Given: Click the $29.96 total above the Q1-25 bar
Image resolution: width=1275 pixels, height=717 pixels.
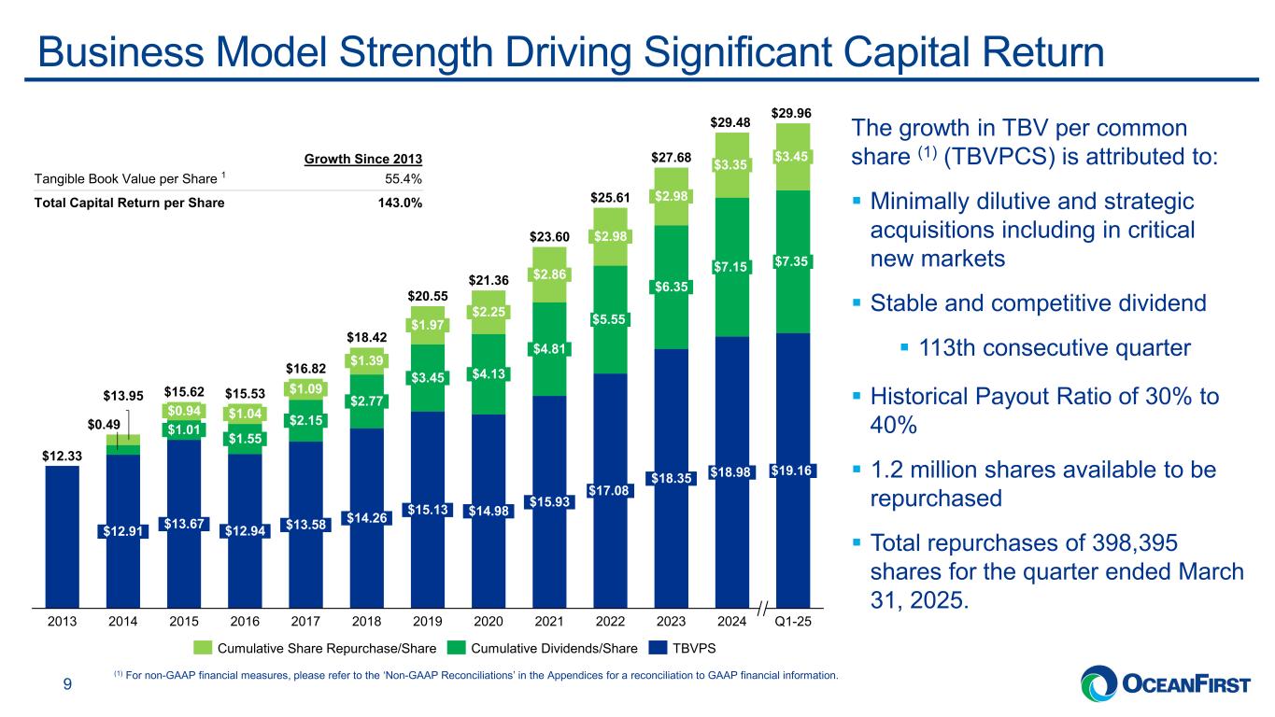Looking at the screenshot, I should click(x=792, y=114).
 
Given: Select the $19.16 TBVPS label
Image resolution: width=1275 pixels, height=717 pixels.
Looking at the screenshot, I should click(x=792, y=471).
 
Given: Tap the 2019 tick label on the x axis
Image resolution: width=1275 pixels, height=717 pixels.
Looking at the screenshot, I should click(x=427, y=617).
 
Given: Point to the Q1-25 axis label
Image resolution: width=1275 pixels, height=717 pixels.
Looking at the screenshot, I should click(x=792, y=617).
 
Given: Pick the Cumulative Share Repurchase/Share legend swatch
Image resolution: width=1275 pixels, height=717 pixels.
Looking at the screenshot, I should click(x=203, y=647).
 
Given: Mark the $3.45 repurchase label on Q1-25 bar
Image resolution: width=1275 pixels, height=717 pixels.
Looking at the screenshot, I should click(x=792, y=156).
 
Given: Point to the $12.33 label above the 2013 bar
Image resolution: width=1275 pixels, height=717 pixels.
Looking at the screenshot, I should click(x=61, y=455).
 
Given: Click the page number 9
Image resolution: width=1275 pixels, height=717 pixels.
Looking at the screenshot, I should click(x=66, y=686).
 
